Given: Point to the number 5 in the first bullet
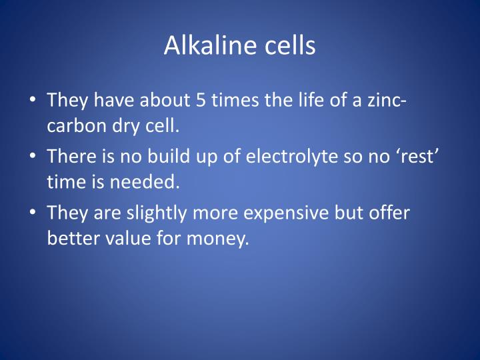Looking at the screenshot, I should point(201,101).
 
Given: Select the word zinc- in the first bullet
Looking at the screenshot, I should point(387,101).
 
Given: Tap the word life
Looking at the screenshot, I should point(297,101).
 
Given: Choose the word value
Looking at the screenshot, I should point(123,238).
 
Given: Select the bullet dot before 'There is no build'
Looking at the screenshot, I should point(34,157).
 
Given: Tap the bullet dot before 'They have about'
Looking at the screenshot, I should point(34,102).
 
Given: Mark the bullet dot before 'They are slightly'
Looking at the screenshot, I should point(34,213).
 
